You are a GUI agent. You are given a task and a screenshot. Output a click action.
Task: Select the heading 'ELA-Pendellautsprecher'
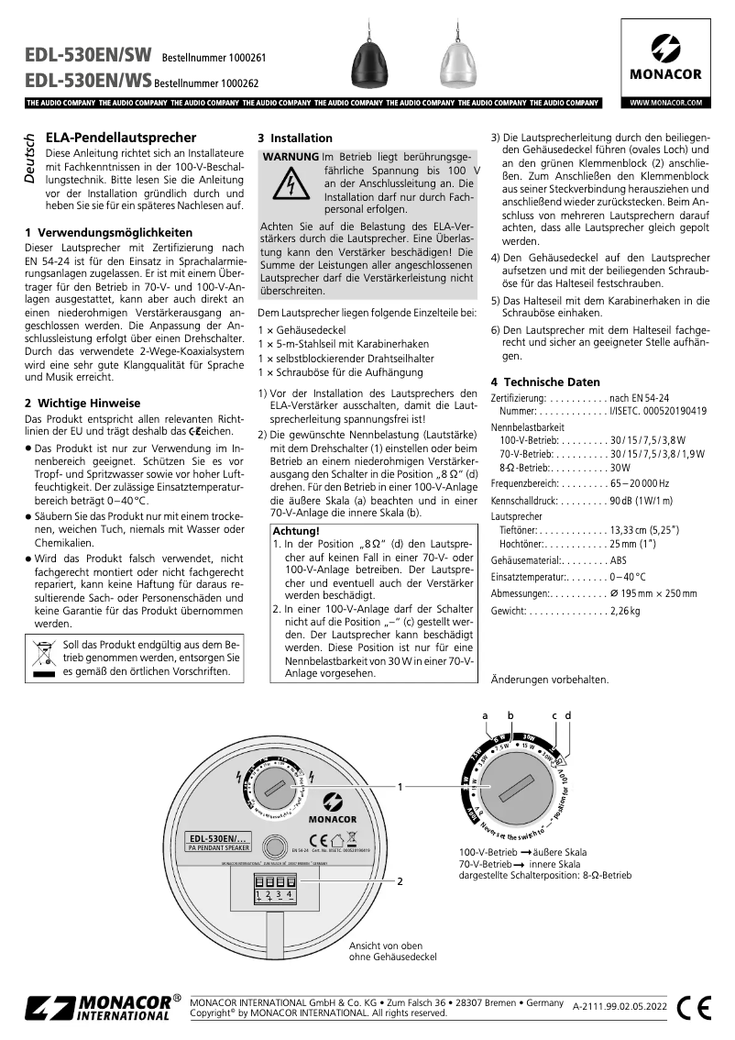[x=121, y=138]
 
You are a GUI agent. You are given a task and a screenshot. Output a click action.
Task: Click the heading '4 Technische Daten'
[x=545, y=382]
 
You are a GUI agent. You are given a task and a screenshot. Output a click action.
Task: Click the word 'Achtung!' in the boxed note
[x=295, y=531]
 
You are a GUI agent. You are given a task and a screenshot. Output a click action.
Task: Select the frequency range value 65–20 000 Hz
[x=639, y=483]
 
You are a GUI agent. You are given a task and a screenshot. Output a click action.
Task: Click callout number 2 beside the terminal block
[x=400, y=881]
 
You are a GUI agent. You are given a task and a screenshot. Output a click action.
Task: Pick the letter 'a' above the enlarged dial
[x=486, y=714]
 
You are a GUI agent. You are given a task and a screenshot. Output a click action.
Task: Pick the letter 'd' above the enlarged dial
[x=568, y=714]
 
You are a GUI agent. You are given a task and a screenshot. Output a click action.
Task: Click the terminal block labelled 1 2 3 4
[x=274, y=887]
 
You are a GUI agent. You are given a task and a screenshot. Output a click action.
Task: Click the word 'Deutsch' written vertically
[x=30, y=160]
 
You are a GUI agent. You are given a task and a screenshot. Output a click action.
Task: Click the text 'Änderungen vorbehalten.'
[x=550, y=680]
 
